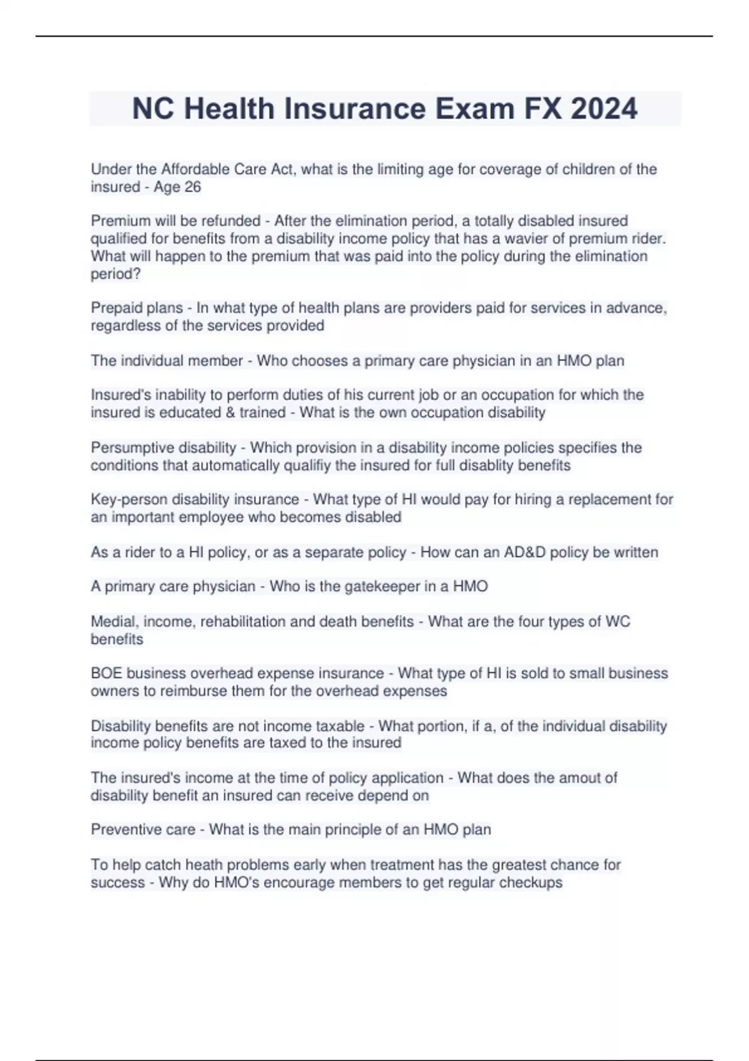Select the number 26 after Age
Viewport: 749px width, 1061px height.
tap(193, 187)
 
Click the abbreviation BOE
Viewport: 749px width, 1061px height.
tap(106, 673)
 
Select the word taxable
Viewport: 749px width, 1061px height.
tap(340, 726)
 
